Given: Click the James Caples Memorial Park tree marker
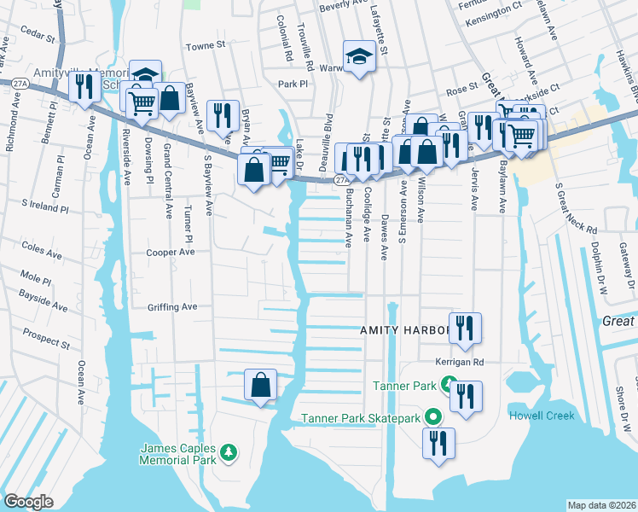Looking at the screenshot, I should click(x=228, y=451).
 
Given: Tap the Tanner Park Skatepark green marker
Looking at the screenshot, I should click(x=432, y=418).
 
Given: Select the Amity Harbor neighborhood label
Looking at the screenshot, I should click(x=404, y=329).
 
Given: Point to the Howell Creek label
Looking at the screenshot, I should click(x=542, y=416).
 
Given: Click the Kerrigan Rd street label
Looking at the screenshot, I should click(x=459, y=361).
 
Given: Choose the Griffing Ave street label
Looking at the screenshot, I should click(x=171, y=306).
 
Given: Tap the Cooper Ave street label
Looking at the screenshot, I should click(x=171, y=253).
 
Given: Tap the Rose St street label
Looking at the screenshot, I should click(x=461, y=88).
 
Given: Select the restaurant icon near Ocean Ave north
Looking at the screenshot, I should click(x=84, y=86).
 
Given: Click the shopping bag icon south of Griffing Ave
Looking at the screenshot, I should click(x=260, y=386).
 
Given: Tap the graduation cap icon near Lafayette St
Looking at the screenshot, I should click(x=359, y=58).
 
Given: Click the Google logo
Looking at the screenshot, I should click(x=28, y=502).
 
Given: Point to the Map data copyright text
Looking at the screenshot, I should click(x=601, y=505).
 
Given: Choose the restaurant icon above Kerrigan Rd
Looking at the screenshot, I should click(x=465, y=329).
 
